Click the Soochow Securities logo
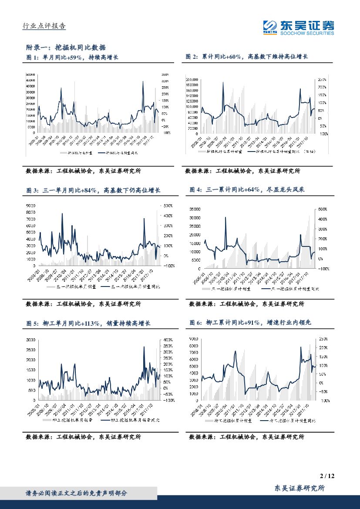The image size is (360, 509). (299, 27)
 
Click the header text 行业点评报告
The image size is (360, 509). (44, 26)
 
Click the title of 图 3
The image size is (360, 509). (93, 190)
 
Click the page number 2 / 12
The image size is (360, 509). (326, 477)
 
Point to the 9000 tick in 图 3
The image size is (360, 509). (31, 206)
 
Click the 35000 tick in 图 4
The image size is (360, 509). (195, 209)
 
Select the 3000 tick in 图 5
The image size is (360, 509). (30, 339)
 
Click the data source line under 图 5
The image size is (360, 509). (83, 437)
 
